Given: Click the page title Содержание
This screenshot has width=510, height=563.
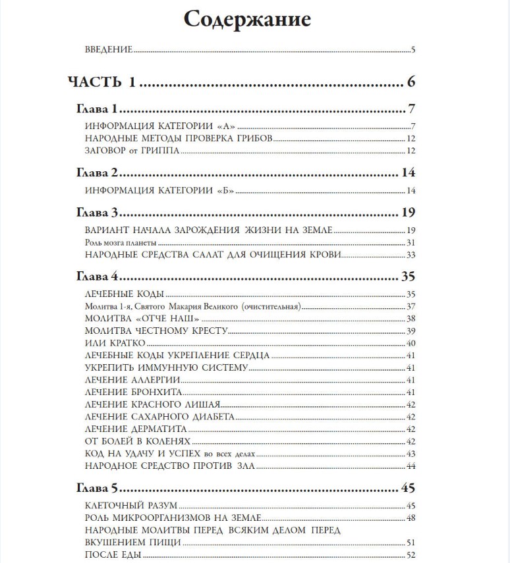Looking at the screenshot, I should [x=247, y=19].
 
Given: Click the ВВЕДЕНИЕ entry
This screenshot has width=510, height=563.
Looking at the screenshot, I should [x=109, y=49].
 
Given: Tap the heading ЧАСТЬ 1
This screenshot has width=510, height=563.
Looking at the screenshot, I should [x=101, y=82].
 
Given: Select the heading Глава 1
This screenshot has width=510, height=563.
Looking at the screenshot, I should [x=96, y=109].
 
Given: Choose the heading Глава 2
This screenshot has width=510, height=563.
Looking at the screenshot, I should [x=96, y=173].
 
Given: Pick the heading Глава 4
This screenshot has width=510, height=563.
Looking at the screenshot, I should [x=96, y=277].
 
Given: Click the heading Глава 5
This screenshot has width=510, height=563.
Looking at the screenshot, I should [x=96, y=489].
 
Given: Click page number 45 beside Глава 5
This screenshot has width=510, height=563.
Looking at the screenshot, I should [x=407, y=489].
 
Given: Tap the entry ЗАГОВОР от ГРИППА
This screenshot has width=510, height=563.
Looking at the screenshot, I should [x=132, y=151].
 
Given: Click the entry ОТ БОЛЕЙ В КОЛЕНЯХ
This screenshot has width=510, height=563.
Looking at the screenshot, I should [x=138, y=441].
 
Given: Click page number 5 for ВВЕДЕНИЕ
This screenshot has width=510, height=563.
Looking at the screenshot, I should [x=412, y=49].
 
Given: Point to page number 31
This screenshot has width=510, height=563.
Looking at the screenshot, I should [x=410, y=243].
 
